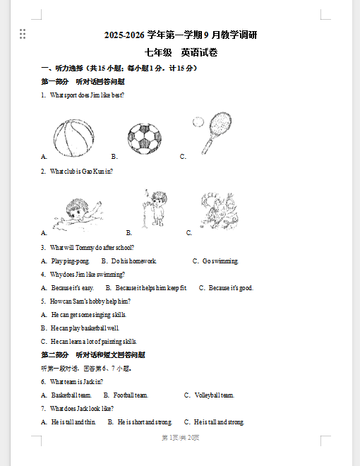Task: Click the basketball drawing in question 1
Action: tap(73, 138)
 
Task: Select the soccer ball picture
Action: tap(145, 139)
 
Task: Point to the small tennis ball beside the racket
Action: tap(198, 122)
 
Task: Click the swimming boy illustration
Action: tap(78, 215)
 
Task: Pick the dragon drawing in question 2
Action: tap(220, 210)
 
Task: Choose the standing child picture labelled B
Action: tap(155, 208)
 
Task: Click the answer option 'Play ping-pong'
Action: tap(70, 261)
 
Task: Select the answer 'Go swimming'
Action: tap(220, 261)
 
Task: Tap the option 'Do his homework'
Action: tap(133, 261)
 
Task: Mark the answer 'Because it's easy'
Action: tap(73, 287)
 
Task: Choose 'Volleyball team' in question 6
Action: tap(215, 395)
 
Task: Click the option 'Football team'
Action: tap(131, 395)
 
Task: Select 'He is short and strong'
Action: tap(145, 422)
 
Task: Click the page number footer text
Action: tap(181, 438)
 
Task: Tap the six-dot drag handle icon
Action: tap(23, 34)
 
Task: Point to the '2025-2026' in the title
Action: tap(124, 35)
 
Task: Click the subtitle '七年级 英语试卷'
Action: tap(181, 53)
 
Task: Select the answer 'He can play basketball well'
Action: tap(85, 328)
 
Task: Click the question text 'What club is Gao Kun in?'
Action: tap(81, 171)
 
